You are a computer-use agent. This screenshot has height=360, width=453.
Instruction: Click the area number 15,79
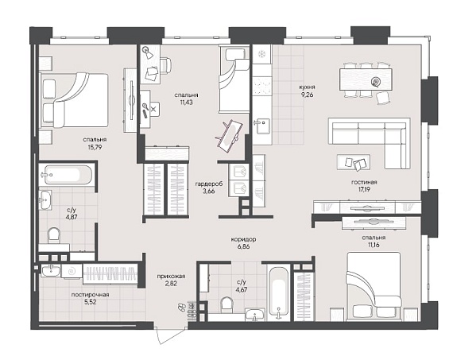95,147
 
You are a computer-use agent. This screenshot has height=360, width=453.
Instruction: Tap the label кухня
307,87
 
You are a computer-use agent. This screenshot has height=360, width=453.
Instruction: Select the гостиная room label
364,182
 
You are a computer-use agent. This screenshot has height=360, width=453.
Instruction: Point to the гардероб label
208,184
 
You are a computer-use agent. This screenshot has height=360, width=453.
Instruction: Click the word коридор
243,239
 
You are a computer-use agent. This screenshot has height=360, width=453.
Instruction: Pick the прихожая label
171,277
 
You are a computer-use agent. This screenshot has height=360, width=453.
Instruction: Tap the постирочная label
90,295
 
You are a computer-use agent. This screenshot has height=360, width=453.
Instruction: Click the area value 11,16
374,245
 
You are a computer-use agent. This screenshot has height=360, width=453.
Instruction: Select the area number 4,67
242,289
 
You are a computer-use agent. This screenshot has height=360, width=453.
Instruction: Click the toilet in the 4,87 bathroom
54,235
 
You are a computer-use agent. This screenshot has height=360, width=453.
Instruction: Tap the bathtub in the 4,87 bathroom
68,175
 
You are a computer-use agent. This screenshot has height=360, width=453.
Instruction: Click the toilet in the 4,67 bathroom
226,305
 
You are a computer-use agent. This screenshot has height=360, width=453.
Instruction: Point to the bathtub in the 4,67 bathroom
278,293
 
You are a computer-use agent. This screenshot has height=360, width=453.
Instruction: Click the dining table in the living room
366,79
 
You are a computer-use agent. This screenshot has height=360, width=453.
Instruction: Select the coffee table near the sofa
354,162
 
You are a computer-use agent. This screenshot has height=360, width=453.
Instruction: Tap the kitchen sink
262,126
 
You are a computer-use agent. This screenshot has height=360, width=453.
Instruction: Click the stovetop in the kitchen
262,86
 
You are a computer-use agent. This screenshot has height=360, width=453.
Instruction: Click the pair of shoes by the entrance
182,307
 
